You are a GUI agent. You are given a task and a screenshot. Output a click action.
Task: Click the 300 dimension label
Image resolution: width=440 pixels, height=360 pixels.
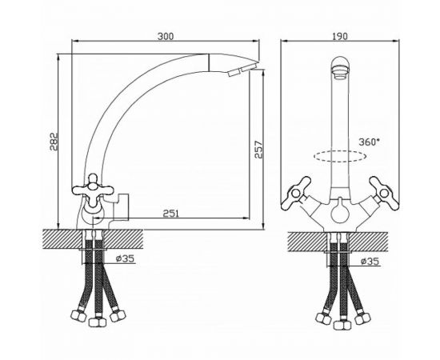click(x=166, y=36)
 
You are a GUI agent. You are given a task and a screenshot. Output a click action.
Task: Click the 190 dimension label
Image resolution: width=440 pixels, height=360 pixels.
click(x=339, y=36)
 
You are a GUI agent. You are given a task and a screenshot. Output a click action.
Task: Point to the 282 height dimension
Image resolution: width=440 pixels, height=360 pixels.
click(x=54, y=142)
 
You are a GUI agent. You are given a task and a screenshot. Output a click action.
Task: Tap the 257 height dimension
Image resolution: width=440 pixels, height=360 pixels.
click(x=258, y=150)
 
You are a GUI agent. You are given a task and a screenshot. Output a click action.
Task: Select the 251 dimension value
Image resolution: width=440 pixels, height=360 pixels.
click(x=171, y=214)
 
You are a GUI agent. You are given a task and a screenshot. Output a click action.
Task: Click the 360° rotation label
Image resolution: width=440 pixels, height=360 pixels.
click(x=369, y=142)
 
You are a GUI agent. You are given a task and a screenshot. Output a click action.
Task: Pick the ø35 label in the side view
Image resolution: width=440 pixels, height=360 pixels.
click(x=125, y=258)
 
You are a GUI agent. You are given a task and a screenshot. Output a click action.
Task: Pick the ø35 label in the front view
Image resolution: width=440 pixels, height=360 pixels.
click(x=370, y=262)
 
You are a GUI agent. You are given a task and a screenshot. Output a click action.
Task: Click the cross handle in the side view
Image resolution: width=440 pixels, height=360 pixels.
click(x=93, y=190)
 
